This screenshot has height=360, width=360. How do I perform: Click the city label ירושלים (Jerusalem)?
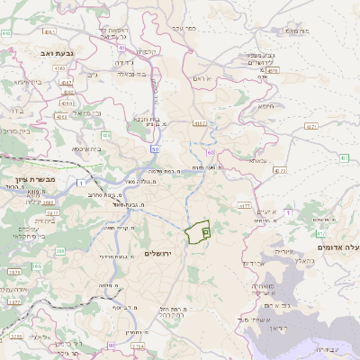(163, 254)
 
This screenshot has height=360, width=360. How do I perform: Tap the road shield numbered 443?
(6, 33)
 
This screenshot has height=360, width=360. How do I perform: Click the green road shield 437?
(343, 158)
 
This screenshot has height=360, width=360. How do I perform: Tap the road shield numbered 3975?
(13, 271)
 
